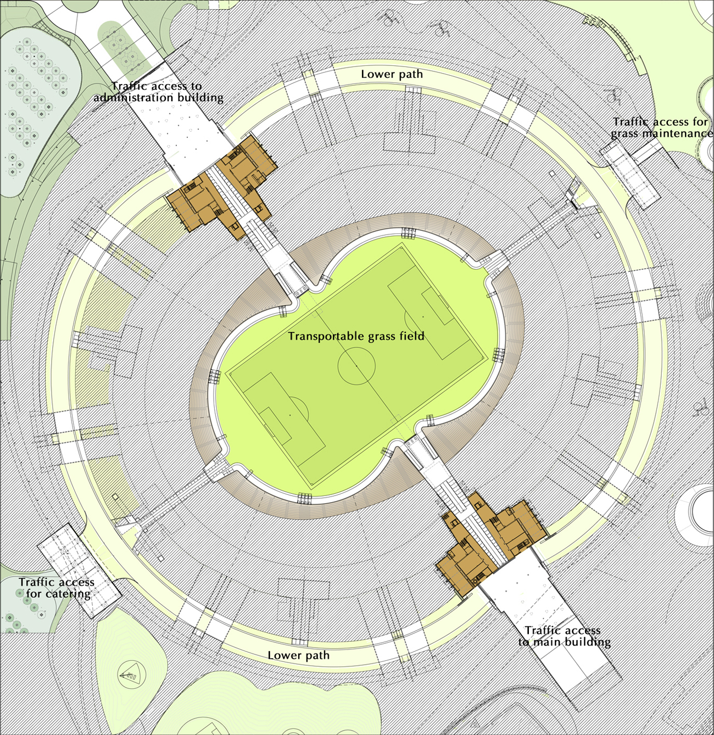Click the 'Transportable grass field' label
pos(356,336)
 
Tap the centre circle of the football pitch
pos(356,365)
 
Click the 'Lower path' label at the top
pos(392,74)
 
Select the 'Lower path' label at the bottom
pos(298,655)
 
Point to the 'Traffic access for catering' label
pos(57,588)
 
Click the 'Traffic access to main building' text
pos(564,636)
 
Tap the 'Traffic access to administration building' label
pos(158,92)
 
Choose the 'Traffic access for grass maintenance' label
pos(661,127)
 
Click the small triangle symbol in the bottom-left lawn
pos(128,675)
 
